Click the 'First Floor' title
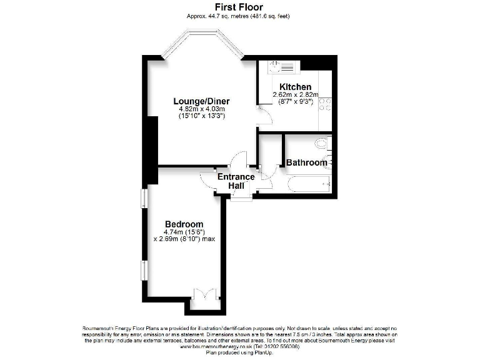point(240,7)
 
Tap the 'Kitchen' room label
point(295,87)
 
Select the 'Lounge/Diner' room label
point(202,101)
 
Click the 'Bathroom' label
point(306,162)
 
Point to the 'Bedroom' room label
point(184,224)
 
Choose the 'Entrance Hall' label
point(236,181)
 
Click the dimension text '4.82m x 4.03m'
point(202,109)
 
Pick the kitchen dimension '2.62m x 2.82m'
point(295,94)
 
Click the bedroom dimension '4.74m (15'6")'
point(184,232)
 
